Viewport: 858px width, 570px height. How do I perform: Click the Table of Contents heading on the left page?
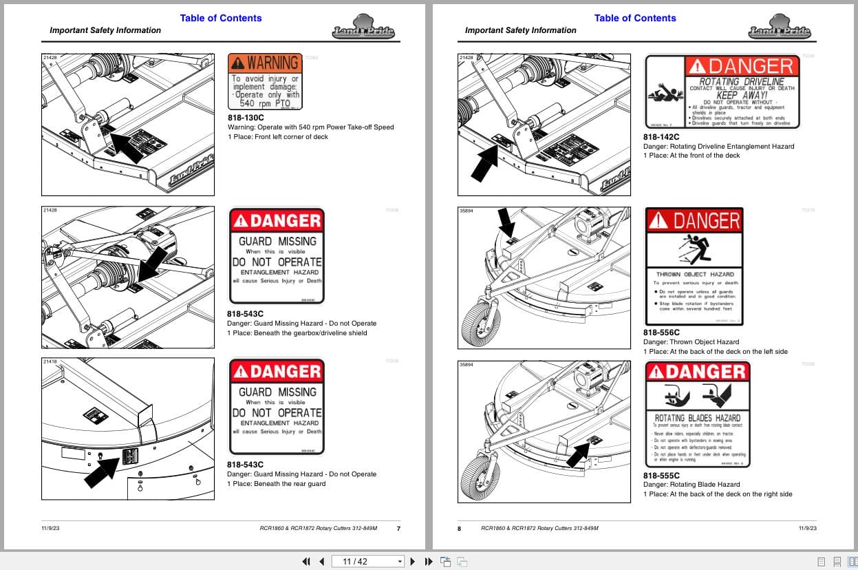click(221, 18)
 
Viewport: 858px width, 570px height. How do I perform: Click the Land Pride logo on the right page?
click(780, 30)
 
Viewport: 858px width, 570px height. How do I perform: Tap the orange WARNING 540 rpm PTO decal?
click(265, 82)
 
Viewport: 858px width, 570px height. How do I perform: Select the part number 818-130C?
click(246, 118)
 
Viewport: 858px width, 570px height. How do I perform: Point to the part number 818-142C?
click(661, 136)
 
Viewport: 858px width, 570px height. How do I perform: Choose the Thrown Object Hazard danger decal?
click(694, 266)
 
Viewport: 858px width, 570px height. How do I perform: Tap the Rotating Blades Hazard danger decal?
click(697, 414)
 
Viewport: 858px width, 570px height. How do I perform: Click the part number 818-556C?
click(661, 332)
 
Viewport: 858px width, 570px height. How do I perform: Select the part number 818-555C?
click(661, 475)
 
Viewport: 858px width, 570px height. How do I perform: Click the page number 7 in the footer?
click(398, 528)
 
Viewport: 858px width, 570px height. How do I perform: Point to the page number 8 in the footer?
click(460, 528)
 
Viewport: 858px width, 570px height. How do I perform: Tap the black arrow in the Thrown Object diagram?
click(506, 223)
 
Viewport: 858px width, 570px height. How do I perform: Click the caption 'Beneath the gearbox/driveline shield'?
click(303, 333)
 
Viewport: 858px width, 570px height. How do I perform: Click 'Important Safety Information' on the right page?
click(520, 30)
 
